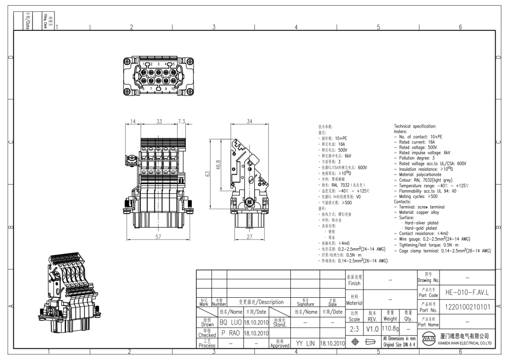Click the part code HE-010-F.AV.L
[x=460, y=294]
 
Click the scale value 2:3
[x=355, y=328]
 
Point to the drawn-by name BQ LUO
[x=230, y=322]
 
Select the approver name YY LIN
[x=305, y=343]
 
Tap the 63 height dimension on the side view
[x=208, y=174]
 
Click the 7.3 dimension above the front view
[x=182, y=121]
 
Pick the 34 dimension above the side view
[x=250, y=121]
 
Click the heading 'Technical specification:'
[x=415, y=126]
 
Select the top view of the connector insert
[x=158, y=76]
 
